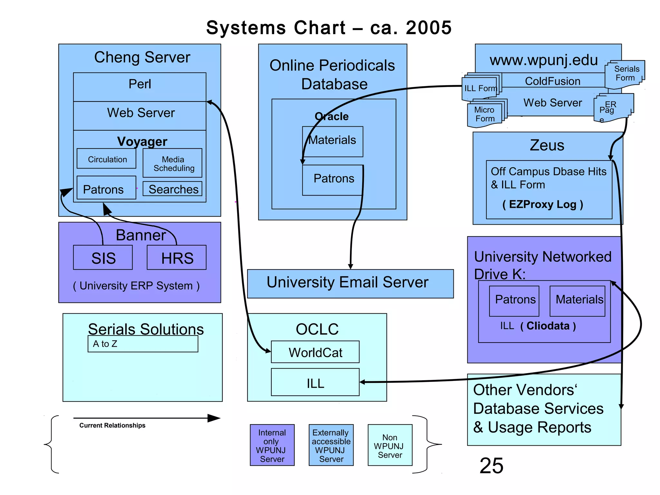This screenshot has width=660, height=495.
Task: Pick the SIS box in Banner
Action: (103, 257)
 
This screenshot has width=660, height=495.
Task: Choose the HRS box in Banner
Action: (177, 257)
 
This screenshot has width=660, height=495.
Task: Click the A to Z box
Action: (143, 344)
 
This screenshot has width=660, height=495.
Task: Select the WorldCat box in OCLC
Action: (315, 352)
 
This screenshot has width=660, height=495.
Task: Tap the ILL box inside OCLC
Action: (315, 383)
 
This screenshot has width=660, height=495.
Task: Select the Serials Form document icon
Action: (625, 74)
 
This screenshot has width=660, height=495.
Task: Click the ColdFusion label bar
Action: (552, 81)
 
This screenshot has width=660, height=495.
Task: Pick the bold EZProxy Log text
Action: (543, 204)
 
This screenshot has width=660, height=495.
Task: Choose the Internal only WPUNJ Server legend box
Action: (272, 445)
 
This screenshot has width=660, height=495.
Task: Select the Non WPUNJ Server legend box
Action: (390, 445)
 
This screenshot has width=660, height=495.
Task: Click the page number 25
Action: (491, 466)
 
